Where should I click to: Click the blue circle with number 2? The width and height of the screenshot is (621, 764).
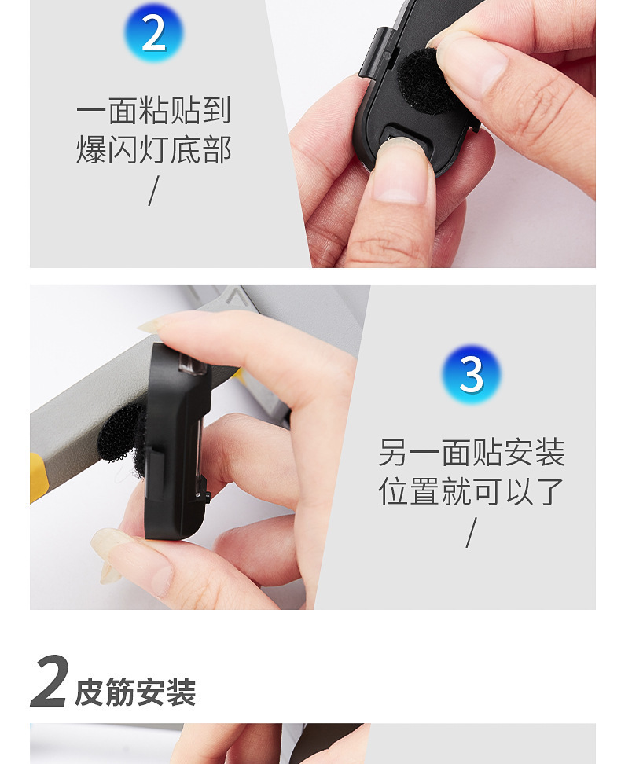(154, 33)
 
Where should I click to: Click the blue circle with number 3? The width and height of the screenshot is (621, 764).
(471, 374)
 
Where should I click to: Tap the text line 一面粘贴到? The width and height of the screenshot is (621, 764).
(154, 110)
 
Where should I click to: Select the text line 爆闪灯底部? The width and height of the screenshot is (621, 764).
(154, 149)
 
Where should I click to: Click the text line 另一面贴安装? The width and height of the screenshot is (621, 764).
(471, 453)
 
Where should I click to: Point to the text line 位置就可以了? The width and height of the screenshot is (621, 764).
(471, 491)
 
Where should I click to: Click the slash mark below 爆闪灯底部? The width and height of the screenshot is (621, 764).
(154, 190)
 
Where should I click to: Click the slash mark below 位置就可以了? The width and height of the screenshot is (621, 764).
(471, 532)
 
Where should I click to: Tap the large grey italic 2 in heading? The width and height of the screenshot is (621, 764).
(49, 681)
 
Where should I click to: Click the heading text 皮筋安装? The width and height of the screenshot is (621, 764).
(135, 692)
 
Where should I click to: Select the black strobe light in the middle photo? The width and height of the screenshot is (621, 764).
(177, 440)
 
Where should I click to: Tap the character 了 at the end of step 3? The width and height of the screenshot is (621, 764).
(549, 491)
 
